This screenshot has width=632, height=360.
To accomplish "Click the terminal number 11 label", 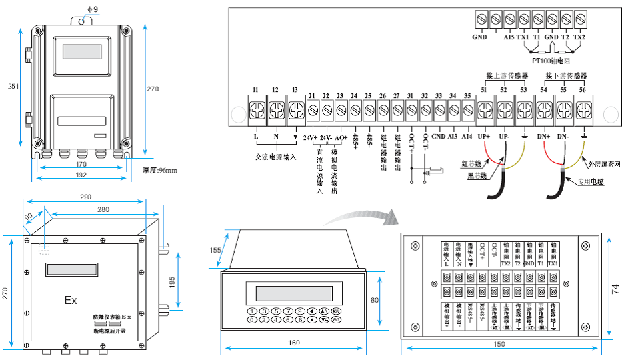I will pos(255,90).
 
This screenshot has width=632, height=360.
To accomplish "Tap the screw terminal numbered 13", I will pos(295,107).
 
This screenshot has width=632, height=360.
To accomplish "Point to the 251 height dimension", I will pos(11,87).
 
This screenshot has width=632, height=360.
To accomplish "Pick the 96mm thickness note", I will pos(160,171).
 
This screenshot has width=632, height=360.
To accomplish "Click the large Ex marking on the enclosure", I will pos(71,300).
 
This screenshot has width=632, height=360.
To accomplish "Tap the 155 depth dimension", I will pos(215,250).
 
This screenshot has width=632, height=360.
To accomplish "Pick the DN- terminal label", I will pos(563,137).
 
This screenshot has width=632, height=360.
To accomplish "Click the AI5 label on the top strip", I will pos(509,37).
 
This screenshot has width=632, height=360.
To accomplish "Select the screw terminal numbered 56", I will pos(584,107).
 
